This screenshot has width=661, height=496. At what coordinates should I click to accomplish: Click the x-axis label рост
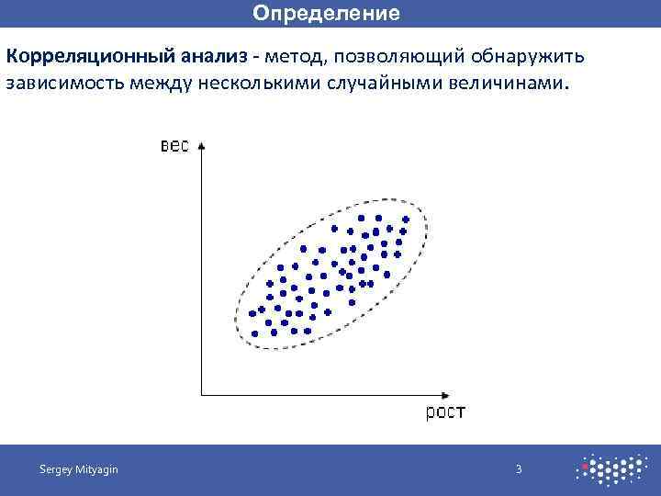(x=444, y=412)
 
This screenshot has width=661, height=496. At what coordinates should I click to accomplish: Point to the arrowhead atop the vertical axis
(x=201, y=145)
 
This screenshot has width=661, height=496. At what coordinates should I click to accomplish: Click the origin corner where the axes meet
(x=201, y=395)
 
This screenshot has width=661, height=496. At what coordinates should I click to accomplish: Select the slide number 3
(x=519, y=469)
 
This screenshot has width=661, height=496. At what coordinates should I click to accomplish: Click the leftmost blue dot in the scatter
(x=252, y=313)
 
